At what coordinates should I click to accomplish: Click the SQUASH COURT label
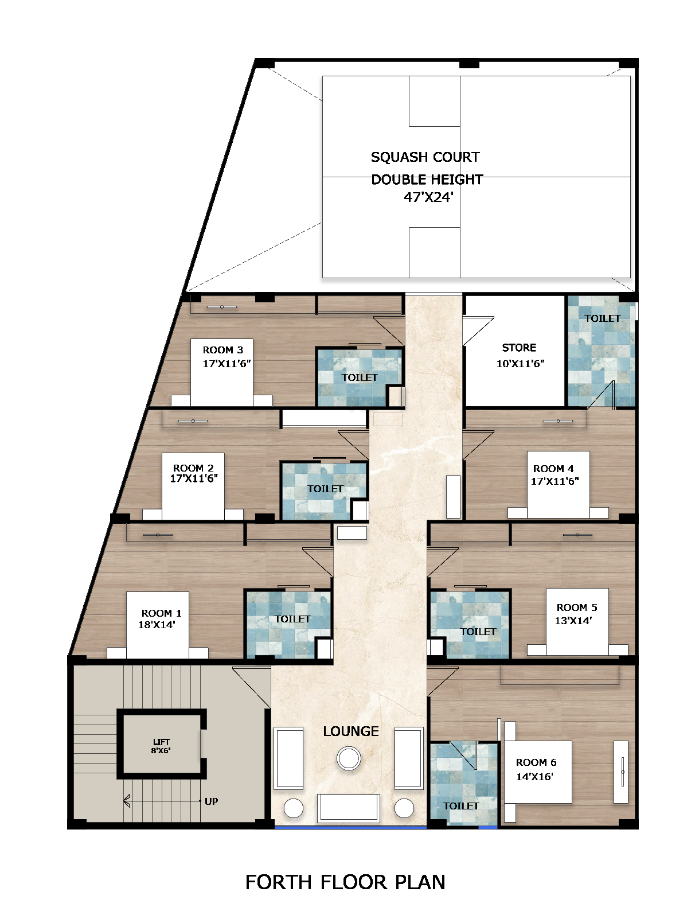click(x=425, y=157)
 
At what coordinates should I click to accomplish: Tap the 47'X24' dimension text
click(x=428, y=197)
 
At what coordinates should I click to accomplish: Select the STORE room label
click(x=519, y=348)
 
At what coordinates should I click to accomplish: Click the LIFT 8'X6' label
click(x=161, y=746)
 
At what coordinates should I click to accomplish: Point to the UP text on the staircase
click(x=211, y=801)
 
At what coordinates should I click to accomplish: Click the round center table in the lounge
click(x=349, y=758)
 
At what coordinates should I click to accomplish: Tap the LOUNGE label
click(x=351, y=731)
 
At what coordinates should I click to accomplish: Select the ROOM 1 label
click(x=161, y=613)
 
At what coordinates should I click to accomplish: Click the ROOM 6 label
click(x=536, y=762)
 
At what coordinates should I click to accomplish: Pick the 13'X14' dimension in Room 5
click(x=573, y=621)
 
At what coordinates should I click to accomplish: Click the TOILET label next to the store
click(x=602, y=318)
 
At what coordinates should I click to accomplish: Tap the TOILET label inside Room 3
click(x=360, y=377)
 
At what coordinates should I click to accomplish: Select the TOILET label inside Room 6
click(x=460, y=806)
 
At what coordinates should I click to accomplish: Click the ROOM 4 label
click(x=553, y=469)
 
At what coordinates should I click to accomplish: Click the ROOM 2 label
click(x=193, y=468)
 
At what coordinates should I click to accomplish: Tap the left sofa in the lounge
click(x=288, y=758)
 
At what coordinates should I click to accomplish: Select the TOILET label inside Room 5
click(x=478, y=632)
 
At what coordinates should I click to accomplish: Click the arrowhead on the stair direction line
click(x=126, y=801)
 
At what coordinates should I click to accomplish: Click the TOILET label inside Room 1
click(x=292, y=619)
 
